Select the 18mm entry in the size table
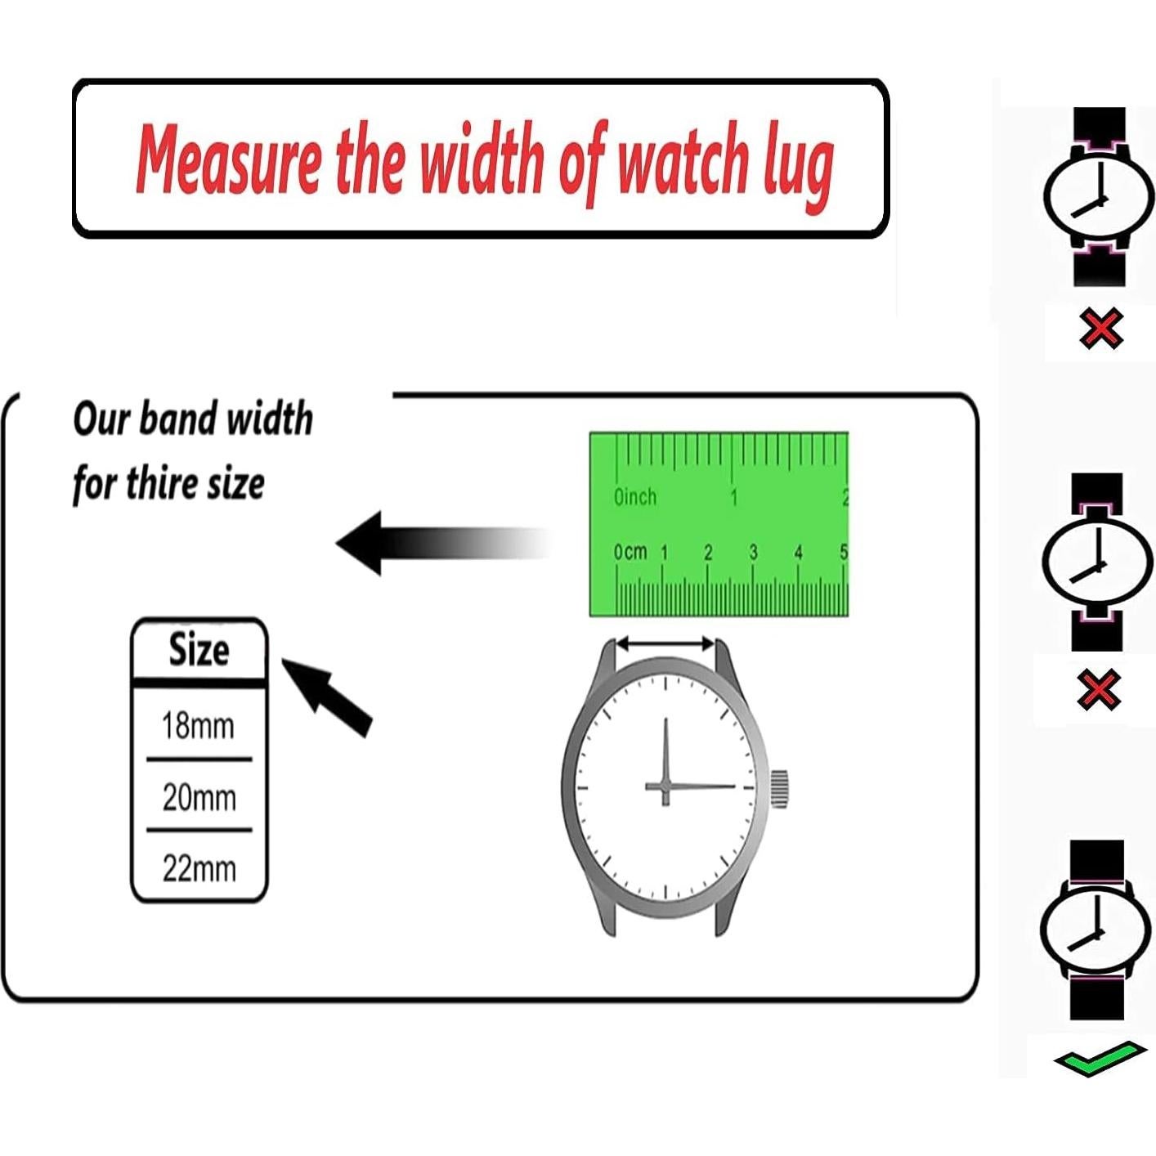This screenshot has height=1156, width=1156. (x=198, y=725)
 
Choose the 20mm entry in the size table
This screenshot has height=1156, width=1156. (x=199, y=797)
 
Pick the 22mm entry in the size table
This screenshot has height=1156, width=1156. (x=199, y=868)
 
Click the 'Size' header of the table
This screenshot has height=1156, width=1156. (x=199, y=651)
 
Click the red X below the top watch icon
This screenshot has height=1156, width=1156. (x=1100, y=329)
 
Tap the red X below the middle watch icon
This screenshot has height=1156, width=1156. (x=1099, y=688)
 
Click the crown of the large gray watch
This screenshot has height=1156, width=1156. (x=779, y=788)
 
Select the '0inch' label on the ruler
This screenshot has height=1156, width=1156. (x=635, y=497)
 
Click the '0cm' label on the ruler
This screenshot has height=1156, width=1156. (x=630, y=553)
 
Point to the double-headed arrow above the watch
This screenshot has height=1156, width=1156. (x=665, y=644)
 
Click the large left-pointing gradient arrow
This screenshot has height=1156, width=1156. (x=441, y=542)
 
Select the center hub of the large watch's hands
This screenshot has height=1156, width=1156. (x=665, y=787)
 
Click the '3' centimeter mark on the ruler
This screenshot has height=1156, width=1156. (x=753, y=553)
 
